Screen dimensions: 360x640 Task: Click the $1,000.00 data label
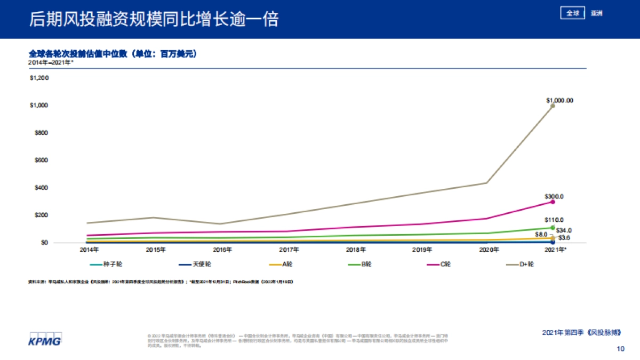(559, 100)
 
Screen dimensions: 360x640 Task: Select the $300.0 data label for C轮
(554, 197)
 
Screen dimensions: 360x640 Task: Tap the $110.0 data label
(554, 220)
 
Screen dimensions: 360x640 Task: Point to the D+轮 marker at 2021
(553, 106)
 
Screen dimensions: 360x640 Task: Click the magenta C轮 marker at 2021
(553, 202)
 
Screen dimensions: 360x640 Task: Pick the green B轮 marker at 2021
(553, 228)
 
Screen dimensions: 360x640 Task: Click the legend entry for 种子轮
(109, 264)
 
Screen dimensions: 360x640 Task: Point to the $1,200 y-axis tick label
(39, 78)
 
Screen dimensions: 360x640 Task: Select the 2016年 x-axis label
(222, 249)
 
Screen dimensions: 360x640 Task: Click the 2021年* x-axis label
(556, 249)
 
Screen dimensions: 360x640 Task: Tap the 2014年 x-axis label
(89, 249)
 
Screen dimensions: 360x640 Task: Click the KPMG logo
(45, 339)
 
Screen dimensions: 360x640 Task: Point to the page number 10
(620, 349)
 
